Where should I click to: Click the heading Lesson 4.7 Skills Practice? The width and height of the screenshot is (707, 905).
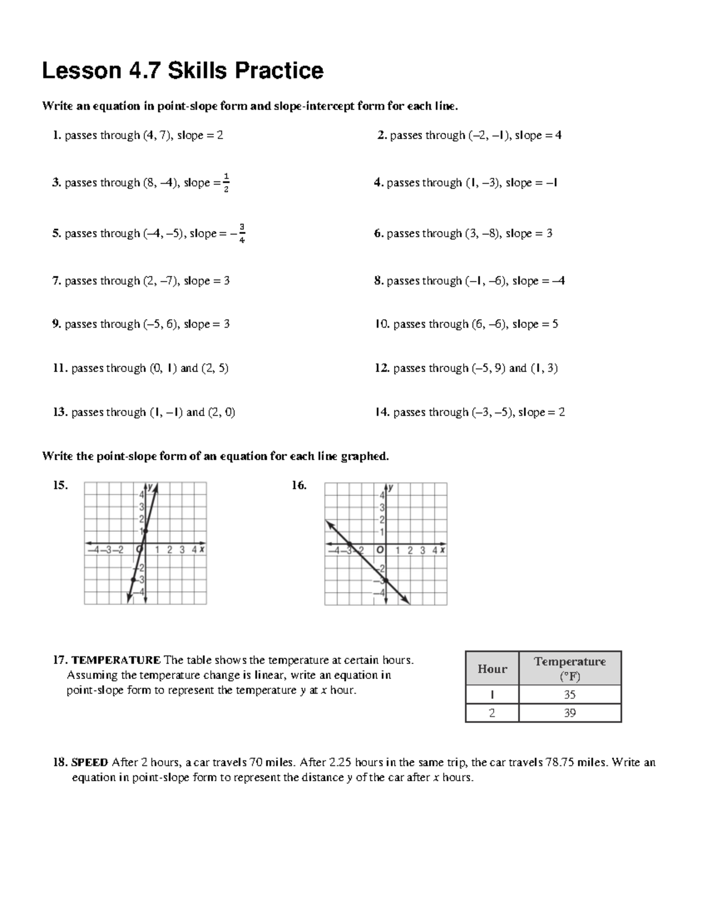(x=183, y=71)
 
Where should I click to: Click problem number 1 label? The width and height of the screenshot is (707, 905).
(x=57, y=136)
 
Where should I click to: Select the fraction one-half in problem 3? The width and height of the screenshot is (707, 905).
(x=226, y=183)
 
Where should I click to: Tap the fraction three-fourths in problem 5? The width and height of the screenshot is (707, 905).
(x=242, y=233)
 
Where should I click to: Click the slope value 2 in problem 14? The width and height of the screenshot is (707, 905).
(x=561, y=412)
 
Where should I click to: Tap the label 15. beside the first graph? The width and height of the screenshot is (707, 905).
(x=60, y=485)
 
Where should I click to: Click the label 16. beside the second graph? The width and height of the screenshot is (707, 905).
(x=299, y=485)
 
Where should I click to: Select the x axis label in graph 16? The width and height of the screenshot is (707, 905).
(x=442, y=550)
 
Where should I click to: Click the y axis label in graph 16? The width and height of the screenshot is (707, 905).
(x=391, y=488)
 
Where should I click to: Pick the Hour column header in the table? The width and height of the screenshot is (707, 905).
(x=492, y=669)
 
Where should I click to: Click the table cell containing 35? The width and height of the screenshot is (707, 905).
(x=569, y=695)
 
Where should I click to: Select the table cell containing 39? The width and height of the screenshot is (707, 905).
(x=569, y=713)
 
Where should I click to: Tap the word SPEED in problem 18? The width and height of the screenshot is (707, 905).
(x=90, y=762)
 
